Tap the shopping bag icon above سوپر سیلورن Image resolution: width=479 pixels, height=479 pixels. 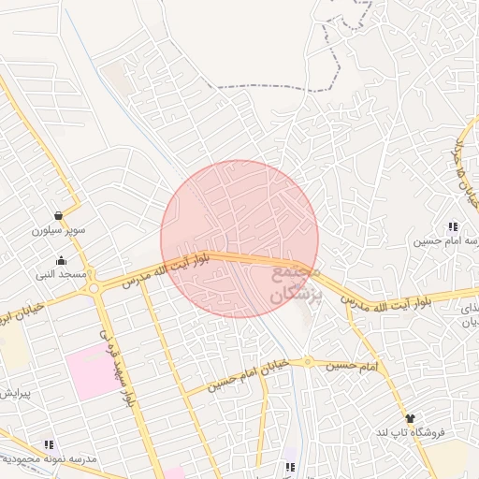click(59, 215)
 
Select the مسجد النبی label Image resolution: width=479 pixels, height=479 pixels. click(61, 274)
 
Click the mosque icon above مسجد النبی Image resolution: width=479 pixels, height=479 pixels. click(62, 260)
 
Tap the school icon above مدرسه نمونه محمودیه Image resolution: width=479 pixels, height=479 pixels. click(49, 444)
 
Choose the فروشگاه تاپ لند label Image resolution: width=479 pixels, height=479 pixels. click(413, 432)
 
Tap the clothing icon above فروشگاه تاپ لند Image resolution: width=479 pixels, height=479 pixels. click(410, 418)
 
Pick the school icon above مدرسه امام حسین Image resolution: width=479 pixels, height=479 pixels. click(453, 226)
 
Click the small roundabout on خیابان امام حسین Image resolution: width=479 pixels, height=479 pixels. click(307, 361)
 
